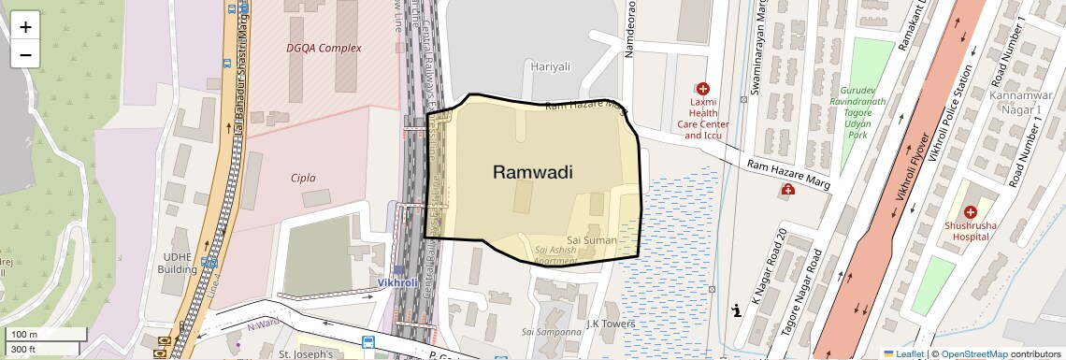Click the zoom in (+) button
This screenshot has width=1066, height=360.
pos(25,26)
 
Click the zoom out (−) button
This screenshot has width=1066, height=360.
pos(25,54)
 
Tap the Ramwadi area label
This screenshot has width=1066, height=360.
pos(532,172)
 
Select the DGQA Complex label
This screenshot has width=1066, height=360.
pos(324,48)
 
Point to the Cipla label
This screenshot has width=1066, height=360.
pos(303,178)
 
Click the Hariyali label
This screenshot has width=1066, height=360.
pos(550,66)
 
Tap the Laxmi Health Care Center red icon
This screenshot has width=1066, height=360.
pos(703,88)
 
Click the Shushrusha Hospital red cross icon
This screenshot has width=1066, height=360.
pos(970,212)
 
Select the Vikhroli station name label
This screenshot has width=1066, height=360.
pos(397,281)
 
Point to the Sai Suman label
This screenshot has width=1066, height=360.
pos(593,240)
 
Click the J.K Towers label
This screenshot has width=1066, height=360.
pos(611,324)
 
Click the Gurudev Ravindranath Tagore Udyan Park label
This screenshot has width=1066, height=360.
pos(857,108)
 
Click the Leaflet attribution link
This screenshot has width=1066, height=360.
pos(903,353)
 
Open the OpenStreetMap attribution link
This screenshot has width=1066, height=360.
pos(974,353)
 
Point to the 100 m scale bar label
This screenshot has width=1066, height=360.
pos(23,335)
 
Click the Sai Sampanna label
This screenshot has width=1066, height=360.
pos(552,331)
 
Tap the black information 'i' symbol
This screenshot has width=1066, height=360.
pos(737,310)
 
